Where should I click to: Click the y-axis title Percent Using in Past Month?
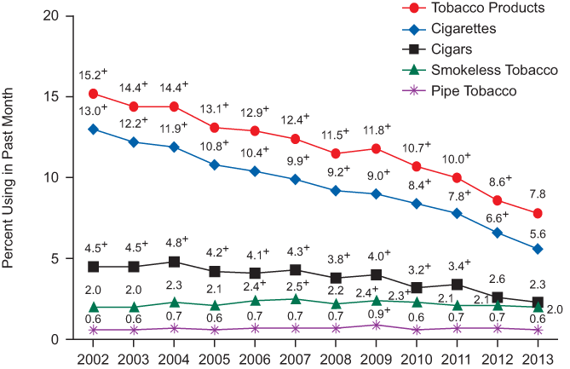(11, 177)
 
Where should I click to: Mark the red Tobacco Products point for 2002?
(92, 93)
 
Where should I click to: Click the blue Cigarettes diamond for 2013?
(537, 249)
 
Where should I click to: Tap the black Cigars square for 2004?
(173, 262)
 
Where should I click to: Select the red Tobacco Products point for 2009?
(375, 148)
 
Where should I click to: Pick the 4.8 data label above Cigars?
(174, 241)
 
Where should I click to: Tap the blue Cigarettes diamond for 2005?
(214, 164)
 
